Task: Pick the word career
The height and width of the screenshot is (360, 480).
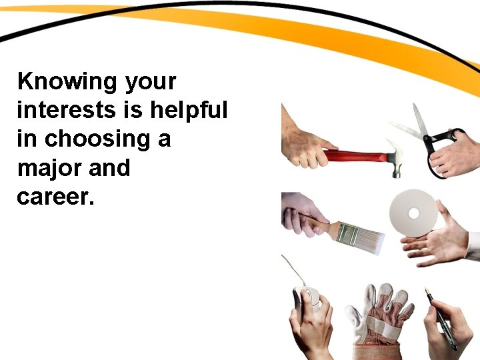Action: (52, 197)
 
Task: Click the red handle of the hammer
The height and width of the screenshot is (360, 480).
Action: (354, 156)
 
